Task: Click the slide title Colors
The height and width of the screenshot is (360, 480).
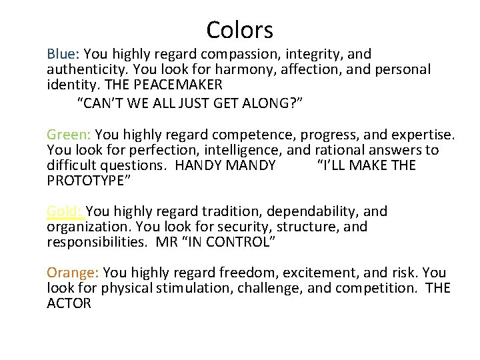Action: (x=240, y=30)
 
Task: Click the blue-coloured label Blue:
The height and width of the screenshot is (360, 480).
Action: (x=63, y=54)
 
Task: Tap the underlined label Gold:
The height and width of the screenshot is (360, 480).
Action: (x=64, y=212)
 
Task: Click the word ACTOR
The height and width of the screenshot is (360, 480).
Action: (x=69, y=303)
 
